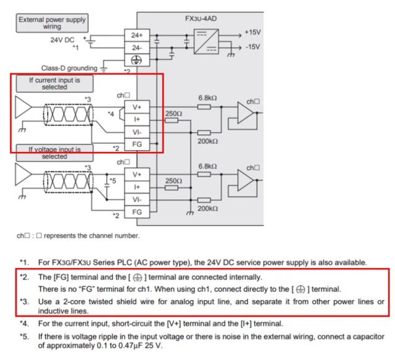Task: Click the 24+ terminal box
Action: click(x=137, y=35)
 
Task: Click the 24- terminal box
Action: click(x=137, y=48)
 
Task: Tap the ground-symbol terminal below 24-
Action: click(x=137, y=60)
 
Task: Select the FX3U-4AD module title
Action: click(x=201, y=19)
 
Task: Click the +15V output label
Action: click(x=252, y=32)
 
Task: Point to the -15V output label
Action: click(x=252, y=47)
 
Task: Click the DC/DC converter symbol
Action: click(x=206, y=41)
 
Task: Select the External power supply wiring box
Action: click(x=52, y=23)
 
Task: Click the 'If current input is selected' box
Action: click(x=55, y=83)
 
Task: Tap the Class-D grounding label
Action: click(x=69, y=69)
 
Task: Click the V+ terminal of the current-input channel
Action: click(x=137, y=107)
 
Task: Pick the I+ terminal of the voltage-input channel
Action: click(x=137, y=187)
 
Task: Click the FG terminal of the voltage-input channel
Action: click(x=137, y=212)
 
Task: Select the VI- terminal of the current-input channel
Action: click(x=137, y=132)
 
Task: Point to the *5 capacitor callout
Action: click(x=112, y=181)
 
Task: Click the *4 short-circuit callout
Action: click(x=111, y=114)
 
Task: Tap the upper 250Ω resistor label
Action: click(x=173, y=114)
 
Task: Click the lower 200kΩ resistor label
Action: click(x=207, y=209)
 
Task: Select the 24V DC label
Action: click(x=62, y=40)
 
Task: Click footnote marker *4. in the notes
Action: click(x=25, y=324)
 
